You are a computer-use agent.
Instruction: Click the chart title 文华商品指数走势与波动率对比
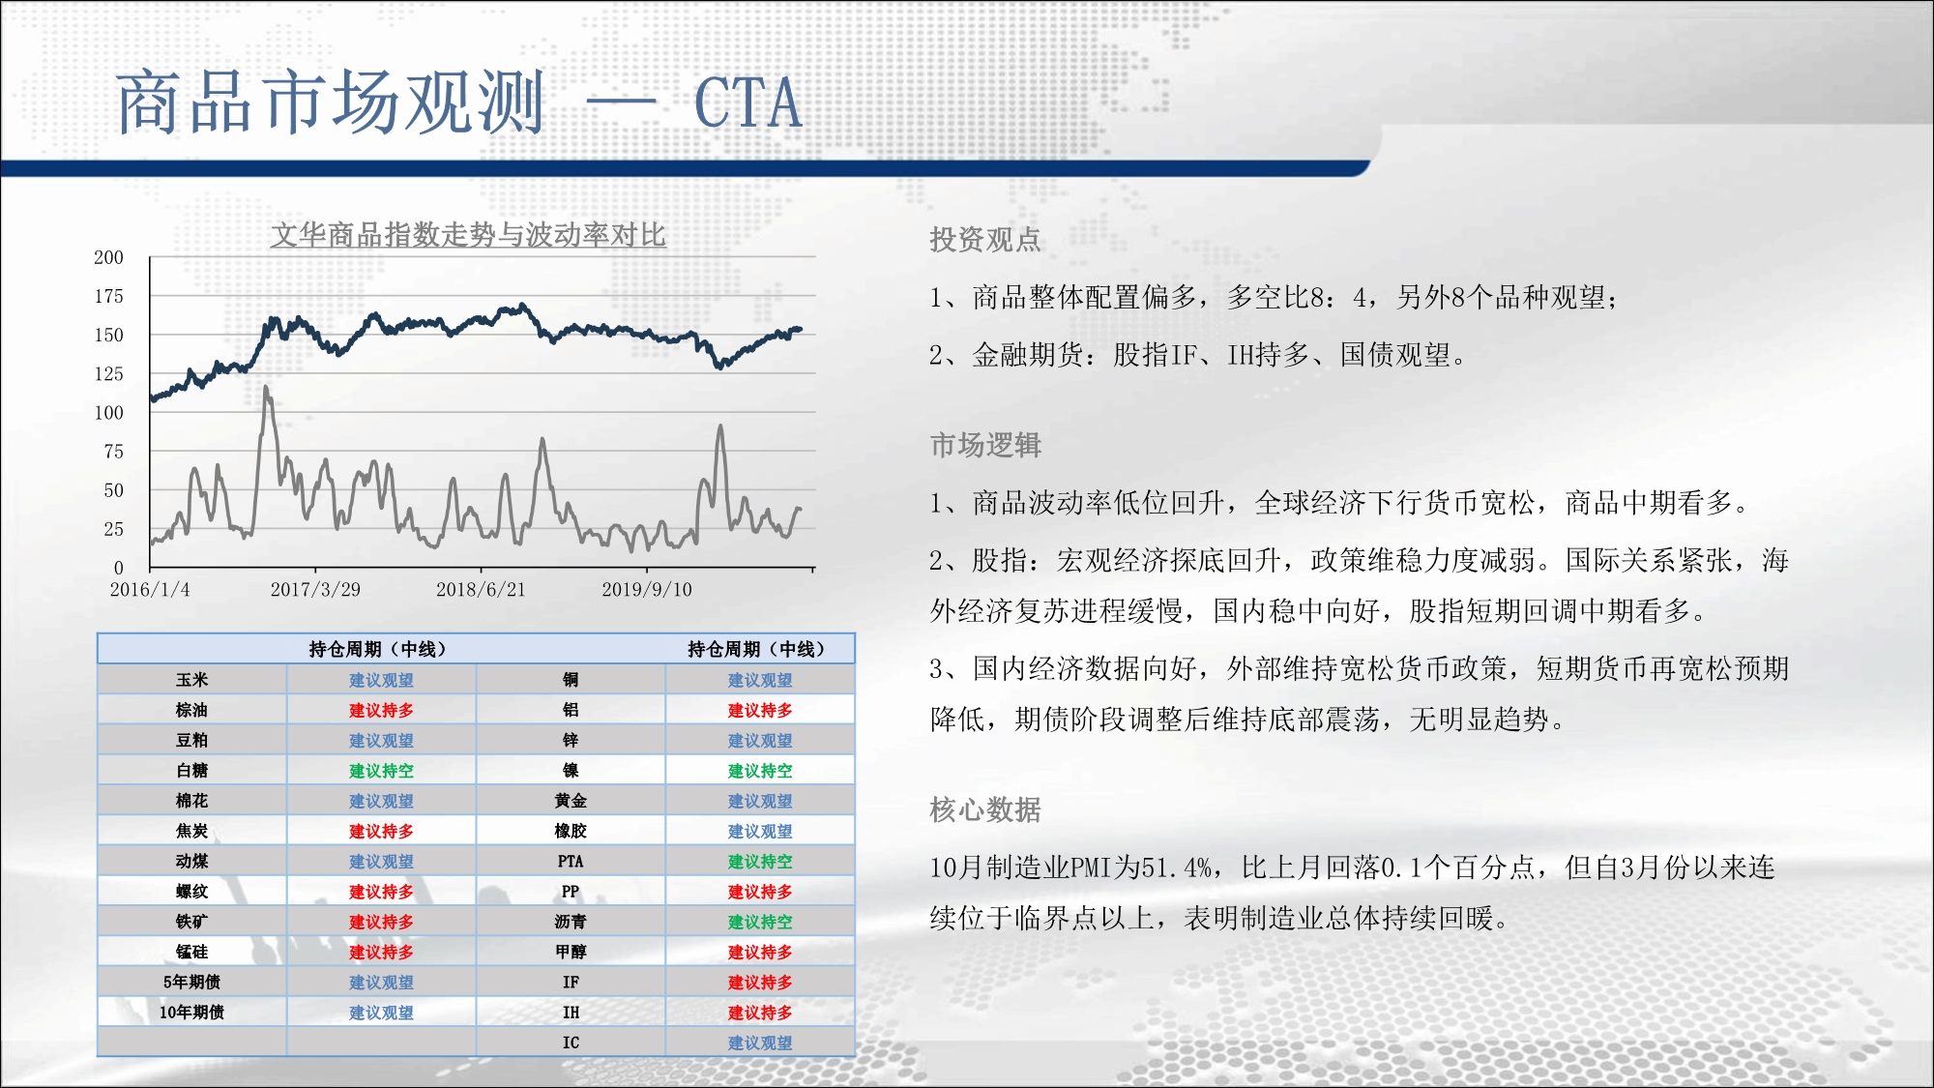[468, 235]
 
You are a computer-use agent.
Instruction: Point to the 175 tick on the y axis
[108, 296]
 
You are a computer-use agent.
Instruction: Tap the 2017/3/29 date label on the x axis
[315, 589]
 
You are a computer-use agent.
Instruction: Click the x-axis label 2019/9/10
[647, 589]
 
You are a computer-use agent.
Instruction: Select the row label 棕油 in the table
[191, 710]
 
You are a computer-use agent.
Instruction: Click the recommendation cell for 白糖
[381, 771]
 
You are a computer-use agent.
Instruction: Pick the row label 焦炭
[191, 831]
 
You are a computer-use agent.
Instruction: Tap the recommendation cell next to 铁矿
[381, 922]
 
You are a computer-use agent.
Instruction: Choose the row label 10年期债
[191, 1013]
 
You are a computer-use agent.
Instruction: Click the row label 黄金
[571, 801]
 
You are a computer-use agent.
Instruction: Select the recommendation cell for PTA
[760, 862]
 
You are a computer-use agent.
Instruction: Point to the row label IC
[571, 1043]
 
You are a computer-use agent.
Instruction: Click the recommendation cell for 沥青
[760, 922]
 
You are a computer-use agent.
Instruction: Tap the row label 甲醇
[571, 952]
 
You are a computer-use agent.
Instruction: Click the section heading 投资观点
[985, 239]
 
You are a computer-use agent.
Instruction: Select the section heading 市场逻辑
[985, 445]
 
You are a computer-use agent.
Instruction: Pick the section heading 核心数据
[985, 809]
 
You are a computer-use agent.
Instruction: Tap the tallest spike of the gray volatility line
[266, 388]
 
